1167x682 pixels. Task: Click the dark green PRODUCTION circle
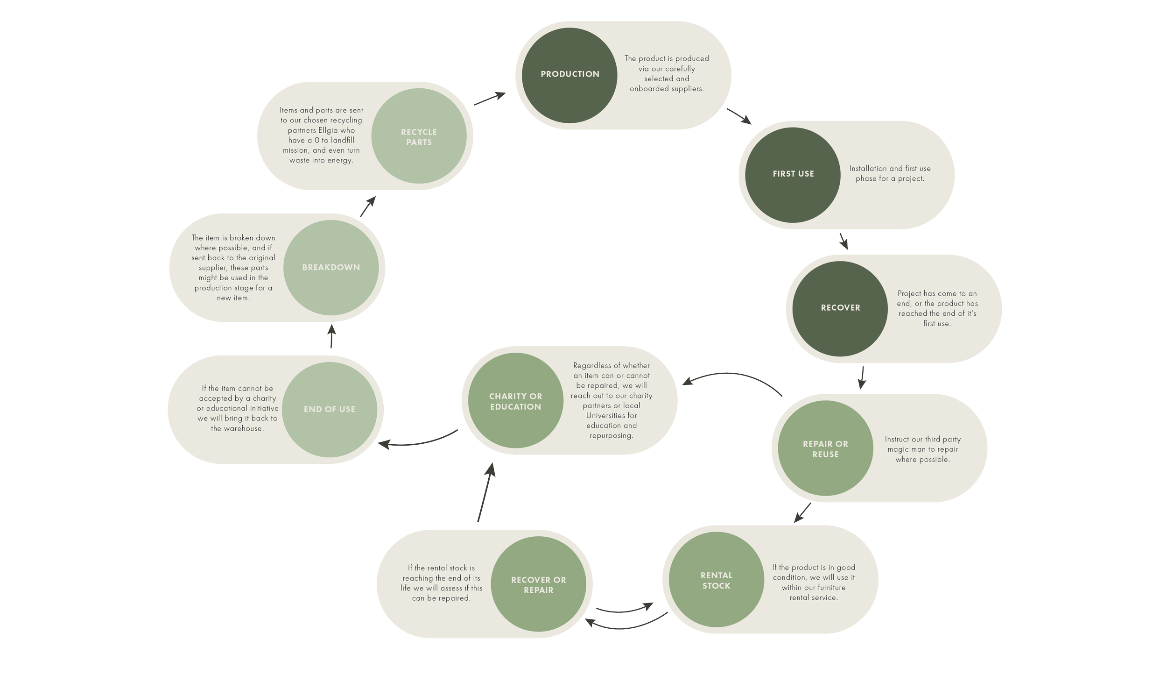coord(569,75)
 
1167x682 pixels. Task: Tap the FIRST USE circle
coord(793,175)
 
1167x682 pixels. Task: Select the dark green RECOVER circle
coord(840,308)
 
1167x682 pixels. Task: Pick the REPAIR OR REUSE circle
coord(825,449)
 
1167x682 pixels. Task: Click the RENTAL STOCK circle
coord(716,581)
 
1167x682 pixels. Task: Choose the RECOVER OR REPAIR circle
coord(538,585)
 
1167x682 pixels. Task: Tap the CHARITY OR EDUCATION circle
coord(515,401)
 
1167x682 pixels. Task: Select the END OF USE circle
coord(330,410)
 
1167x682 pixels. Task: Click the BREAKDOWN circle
coord(331,268)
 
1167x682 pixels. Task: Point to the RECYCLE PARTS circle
coord(419,137)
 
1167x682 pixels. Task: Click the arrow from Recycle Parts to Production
coord(490,98)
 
